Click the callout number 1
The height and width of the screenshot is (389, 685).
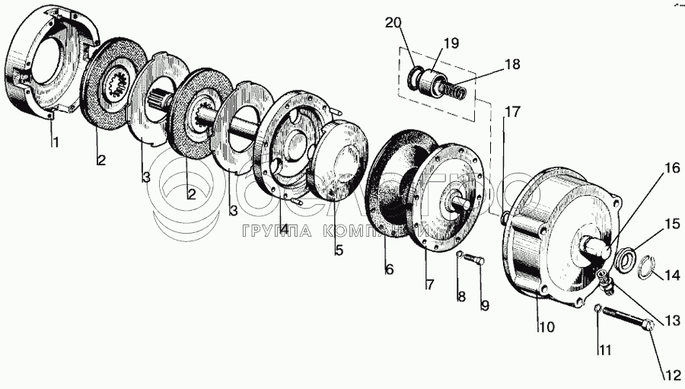tap(53, 142)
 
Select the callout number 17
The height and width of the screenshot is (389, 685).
tap(511, 112)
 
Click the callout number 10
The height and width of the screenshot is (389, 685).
tap(547, 327)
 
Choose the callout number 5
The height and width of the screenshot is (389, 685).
tap(338, 249)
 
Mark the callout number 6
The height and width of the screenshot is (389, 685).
tap(389, 269)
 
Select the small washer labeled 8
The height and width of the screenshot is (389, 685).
tap(460, 253)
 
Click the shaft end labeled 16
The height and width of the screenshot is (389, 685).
tap(597, 247)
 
